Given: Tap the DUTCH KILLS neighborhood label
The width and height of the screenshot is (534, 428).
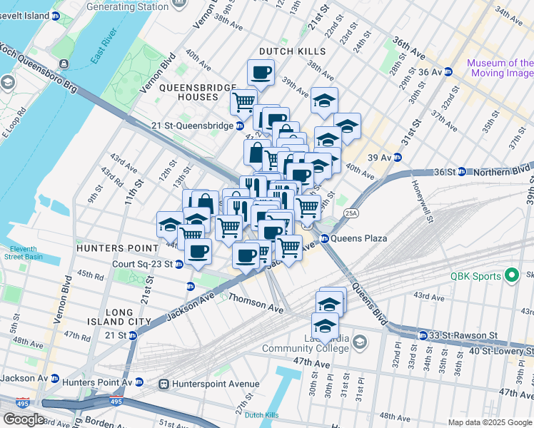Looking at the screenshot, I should [292, 51].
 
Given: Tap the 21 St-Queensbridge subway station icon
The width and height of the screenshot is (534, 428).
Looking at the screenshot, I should [240, 126].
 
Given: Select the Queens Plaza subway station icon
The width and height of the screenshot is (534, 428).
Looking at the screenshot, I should [324, 239].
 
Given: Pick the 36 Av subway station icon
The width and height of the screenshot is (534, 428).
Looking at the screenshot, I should [448, 71].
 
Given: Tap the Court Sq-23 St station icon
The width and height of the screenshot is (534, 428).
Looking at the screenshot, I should [179, 264].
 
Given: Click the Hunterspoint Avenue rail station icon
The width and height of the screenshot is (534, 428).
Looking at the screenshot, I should [164, 384].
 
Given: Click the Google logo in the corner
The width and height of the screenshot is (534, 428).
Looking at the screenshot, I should [24, 419].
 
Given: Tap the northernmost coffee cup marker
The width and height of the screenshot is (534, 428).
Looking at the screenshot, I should [261, 72].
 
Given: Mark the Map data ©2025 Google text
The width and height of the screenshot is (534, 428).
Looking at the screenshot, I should [489, 422].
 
